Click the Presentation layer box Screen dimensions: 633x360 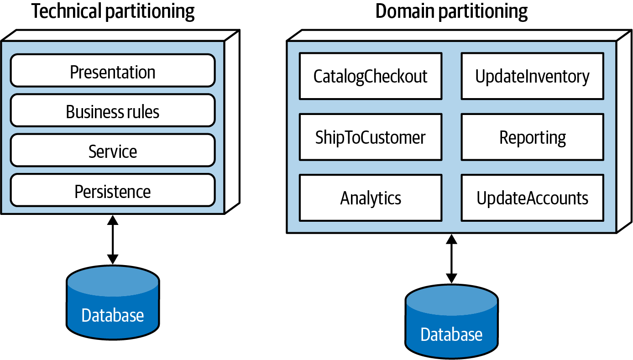113,70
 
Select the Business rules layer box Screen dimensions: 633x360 113,110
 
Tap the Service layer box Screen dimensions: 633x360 113,150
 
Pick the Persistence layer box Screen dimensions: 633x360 113,190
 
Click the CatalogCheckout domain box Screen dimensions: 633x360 371,76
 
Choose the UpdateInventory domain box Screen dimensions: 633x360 533,76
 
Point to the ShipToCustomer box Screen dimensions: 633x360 371,137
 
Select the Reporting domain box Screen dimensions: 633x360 533,137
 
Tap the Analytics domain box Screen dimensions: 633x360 371,198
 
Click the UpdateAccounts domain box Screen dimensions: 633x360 533,198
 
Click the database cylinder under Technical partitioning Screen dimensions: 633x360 113,303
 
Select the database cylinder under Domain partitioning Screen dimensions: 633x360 451,322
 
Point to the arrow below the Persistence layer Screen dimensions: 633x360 113,240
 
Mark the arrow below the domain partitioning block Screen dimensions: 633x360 451,259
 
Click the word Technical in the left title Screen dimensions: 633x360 67,11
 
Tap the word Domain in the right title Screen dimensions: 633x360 405,11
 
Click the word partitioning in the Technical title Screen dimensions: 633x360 150,12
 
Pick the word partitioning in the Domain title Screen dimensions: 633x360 483,12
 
